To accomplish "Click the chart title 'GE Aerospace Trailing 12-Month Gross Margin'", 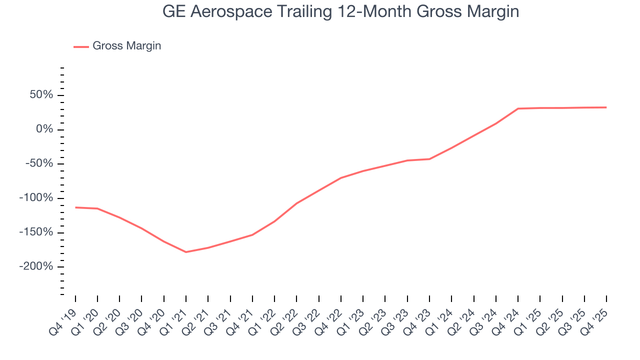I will [x=340, y=11].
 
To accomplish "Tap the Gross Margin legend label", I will [x=126, y=46].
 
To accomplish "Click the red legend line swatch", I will [x=81, y=46].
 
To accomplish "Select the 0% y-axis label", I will [x=45, y=129].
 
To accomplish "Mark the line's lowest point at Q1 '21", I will [x=186, y=252].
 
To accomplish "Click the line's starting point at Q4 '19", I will [x=75, y=207].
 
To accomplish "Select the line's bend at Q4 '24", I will [x=518, y=108].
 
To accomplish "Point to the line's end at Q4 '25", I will [x=606, y=107].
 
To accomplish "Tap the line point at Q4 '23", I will [x=429, y=159].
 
